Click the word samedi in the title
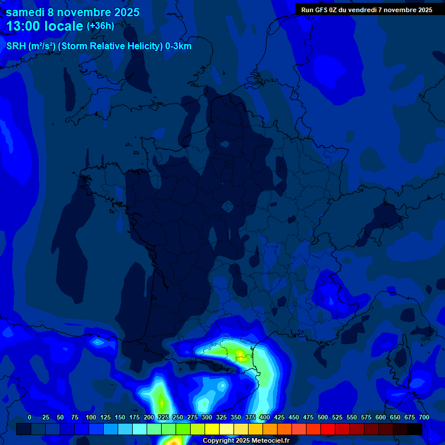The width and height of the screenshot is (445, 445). coord(26,12)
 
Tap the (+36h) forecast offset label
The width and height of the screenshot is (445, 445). coord(100,25)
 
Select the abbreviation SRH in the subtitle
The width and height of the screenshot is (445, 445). coord(16,46)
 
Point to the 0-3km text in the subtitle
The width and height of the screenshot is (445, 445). coord(178,46)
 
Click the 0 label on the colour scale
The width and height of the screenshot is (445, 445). coord(30,417)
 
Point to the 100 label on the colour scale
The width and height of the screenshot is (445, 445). coord(91,417)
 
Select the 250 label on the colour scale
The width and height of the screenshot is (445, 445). coord(178,417)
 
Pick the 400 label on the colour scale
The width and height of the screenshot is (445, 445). coord(265,417)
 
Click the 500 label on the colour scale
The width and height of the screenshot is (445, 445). coord(323,417)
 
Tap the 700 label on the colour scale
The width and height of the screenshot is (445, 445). coord(424,417)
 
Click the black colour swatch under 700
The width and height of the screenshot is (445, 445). coord(415,429)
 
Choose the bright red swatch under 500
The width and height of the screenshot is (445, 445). coord(328,429)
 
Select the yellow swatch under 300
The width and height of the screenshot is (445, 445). coord(212,429)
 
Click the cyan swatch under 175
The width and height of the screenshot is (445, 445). coord(140,429)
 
